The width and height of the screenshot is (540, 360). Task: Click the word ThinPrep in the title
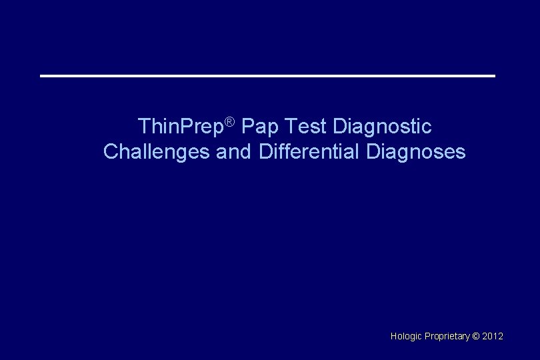tap(180, 126)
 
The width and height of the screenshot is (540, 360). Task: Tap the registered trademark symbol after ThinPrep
tap(229, 121)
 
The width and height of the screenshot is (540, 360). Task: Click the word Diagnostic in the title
tap(382, 126)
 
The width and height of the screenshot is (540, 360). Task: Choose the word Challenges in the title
tap(157, 152)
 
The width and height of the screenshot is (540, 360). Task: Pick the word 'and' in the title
tap(233, 152)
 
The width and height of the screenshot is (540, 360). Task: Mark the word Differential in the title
tap(309, 152)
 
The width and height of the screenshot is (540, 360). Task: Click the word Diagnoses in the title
tap(416, 152)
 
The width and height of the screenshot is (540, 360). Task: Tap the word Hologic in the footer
tap(406, 337)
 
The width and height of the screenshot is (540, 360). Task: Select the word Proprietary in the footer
tap(447, 337)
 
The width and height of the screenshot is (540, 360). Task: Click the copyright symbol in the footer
tap(475, 336)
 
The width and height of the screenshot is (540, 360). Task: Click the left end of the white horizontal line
tap(42, 76)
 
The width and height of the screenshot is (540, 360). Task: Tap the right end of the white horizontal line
tap(493, 76)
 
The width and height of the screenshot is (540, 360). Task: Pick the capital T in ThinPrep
tap(143, 125)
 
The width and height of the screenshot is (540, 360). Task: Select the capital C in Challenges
tap(111, 152)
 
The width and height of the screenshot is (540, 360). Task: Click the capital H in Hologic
tap(393, 336)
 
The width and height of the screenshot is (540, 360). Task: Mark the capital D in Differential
tap(265, 152)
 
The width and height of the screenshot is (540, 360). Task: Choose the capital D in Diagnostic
tap(339, 125)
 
